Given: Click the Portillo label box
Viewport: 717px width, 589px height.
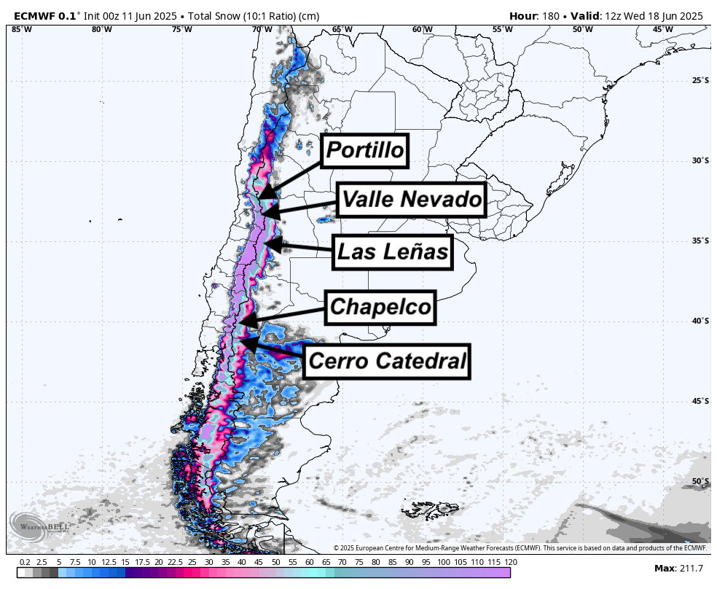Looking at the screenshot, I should [x=365, y=151].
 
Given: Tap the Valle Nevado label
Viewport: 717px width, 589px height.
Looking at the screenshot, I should [x=412, y=198].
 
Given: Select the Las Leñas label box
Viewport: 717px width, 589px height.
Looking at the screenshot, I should [x=391, y=252].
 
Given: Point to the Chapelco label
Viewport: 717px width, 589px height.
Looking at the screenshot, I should [x=380, y=307].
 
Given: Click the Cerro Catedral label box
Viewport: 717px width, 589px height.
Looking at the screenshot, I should [x=386, y=361].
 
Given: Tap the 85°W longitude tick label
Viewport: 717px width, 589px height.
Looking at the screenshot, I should [x=22, y=30].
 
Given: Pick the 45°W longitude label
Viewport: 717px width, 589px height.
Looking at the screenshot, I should [x=662, y=30].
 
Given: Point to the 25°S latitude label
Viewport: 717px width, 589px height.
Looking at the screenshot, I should [x=700, y=80].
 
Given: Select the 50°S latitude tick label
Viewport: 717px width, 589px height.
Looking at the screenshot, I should [x=700, y=481].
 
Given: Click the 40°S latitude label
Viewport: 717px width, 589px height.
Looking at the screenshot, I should [x=700, y=321].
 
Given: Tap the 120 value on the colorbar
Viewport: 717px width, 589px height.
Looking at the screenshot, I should [x=511, y=562].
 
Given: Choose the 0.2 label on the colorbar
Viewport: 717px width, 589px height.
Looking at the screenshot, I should [x=25, y=562].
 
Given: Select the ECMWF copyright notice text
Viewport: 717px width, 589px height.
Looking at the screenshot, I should [x=520, y=547].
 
